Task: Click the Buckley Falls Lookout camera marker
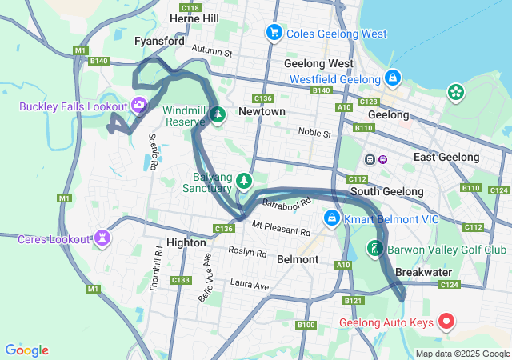click(x=139, y=106)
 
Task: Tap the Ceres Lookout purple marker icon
click(x=102, y=238)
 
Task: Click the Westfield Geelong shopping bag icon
click(x=393, y=78)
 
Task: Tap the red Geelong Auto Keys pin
click(x=446, y=322)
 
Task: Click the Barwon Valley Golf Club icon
click(x=374, y=249)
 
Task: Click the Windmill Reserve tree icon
click(x=218, y=115)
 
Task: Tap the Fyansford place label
click(x=160, y=41)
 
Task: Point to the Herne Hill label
click(x=194, y=18)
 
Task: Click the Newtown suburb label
click(x=262, y=112)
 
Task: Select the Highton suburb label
click(x=186, y=242)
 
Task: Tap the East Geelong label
click(x=446, y=158)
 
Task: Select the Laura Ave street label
click(x=250, y=283)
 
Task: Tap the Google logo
click(x=26, y=350)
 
